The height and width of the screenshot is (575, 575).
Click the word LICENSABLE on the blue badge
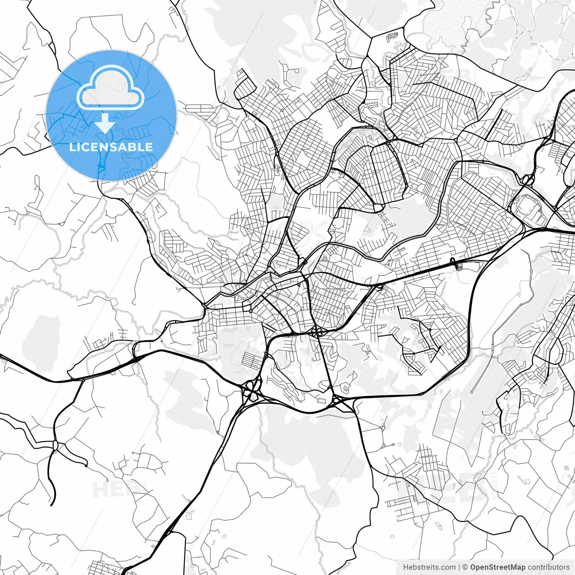pyautogui.click(x=111, y=147)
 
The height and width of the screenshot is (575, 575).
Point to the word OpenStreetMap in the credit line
pyautogui.click(x=498, y=567)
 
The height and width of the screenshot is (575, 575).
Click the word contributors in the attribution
pyautogui.click(x=548, y=567)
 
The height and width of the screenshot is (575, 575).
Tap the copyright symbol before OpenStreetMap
pyautogui.click(x=465, y=567)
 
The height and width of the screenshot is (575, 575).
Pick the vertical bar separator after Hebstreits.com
pyautogui.click(x=459, y=567)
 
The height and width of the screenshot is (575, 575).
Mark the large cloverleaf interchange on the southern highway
pyautogui.click(x=252, y=389)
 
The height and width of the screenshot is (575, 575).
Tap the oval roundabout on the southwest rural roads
pyautogui.click(x=55, y=445)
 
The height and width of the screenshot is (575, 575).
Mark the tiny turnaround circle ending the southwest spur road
pyautogui.click(x=85, y=465)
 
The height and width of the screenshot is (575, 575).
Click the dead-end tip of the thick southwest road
pyautogui.click(x=52, y=504)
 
